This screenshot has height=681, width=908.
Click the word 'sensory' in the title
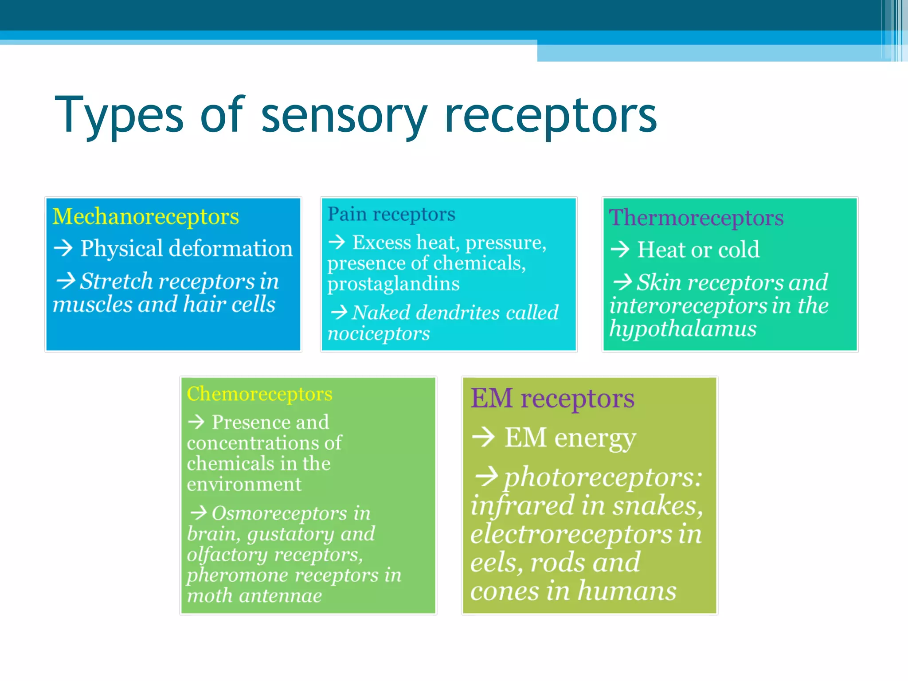[x=344, y=116]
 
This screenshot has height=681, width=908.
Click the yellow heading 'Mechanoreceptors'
[x=145, y=217]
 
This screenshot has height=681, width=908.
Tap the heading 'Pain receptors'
[x=391, y=214]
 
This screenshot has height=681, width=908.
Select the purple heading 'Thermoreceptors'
[x=696, y=218]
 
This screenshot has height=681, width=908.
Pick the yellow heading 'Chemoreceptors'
[x=259, y=394]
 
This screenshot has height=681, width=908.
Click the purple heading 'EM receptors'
[x=552, y=399]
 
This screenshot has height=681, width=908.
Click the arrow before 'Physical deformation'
[x=63, y=248]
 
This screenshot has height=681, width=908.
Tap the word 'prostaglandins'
[x=393, y=284]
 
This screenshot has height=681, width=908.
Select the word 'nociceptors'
[x=379, y=333]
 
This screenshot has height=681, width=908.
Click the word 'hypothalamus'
[x=683, y=329]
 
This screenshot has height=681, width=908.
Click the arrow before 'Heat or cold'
[x=620, y=249]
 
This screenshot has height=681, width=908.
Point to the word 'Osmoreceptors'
[x=279, y=513]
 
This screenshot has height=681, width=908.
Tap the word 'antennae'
[x=280, y=596]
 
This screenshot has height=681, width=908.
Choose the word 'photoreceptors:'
[x=603, y=478]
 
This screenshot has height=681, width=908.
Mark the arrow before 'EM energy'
[x=483, y=437]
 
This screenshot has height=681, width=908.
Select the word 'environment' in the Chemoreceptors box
[x=244, y=484]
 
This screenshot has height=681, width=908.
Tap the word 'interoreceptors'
[x=688, y=306]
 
